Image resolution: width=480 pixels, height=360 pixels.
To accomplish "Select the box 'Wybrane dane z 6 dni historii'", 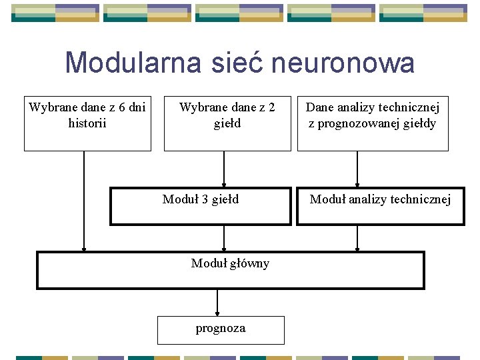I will (87, 123).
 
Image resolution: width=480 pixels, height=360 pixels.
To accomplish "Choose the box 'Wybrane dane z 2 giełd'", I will (227, 123).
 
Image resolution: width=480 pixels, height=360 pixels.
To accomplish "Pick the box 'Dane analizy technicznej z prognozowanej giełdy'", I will (372, 123).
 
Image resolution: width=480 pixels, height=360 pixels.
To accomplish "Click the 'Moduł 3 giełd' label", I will (201, 199).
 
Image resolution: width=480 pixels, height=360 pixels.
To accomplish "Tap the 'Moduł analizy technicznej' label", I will (380, 199).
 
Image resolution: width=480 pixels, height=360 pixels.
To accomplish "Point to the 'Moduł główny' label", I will (230, 263).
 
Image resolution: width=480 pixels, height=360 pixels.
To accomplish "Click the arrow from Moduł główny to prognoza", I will (217, 303).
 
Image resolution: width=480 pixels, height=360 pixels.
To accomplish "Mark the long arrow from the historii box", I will (84, 200).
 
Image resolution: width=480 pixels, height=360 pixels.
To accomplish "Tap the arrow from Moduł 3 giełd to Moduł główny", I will (224, 238).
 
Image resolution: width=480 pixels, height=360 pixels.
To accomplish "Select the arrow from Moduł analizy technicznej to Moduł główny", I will (357, 238).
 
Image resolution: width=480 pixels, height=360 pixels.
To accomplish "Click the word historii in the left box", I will (87, 123).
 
